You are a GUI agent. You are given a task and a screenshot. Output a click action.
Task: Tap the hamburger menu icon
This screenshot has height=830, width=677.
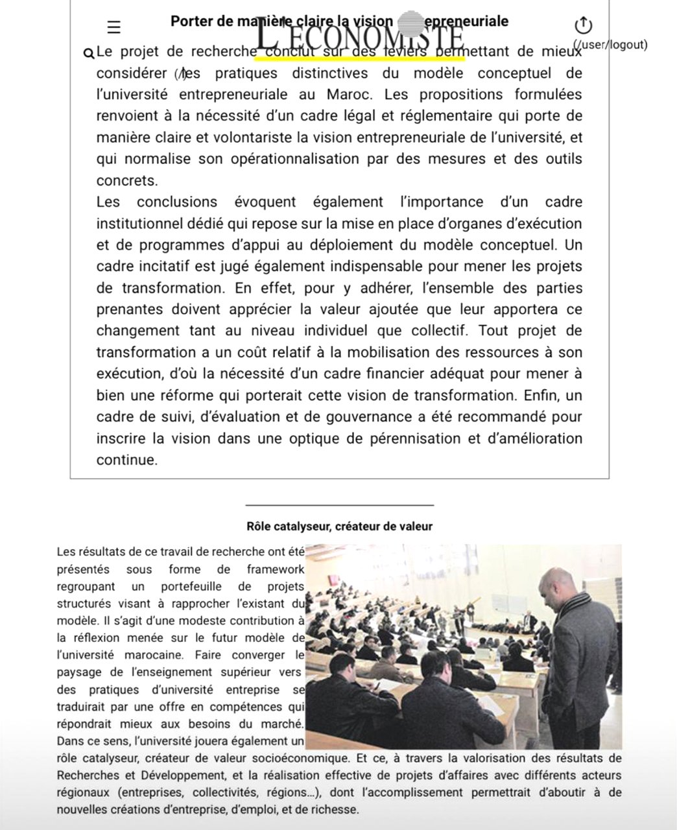click(114, 27)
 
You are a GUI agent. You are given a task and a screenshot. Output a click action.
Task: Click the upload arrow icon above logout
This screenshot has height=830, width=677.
click(583, 25)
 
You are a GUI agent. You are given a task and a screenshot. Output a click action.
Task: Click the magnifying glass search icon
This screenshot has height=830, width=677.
click(89, 53)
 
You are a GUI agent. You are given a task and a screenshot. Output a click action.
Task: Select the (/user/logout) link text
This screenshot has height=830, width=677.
click(610, 45)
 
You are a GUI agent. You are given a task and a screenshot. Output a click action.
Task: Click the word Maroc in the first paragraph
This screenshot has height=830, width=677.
click(349, 95)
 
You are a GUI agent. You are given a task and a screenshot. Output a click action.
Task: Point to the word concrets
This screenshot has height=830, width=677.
click(126, 180)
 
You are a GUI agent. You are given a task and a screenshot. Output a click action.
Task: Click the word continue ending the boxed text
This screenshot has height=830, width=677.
click(126, 460)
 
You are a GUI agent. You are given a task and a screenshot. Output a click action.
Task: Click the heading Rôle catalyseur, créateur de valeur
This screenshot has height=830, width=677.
click(339, 526)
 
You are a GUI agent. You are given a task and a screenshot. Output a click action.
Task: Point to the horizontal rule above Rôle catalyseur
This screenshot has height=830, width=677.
click(339, 504)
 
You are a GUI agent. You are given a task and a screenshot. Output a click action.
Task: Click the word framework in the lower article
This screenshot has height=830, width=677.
click(275, 569)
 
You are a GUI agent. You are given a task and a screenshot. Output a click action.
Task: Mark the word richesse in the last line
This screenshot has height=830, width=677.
click(334, 809)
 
